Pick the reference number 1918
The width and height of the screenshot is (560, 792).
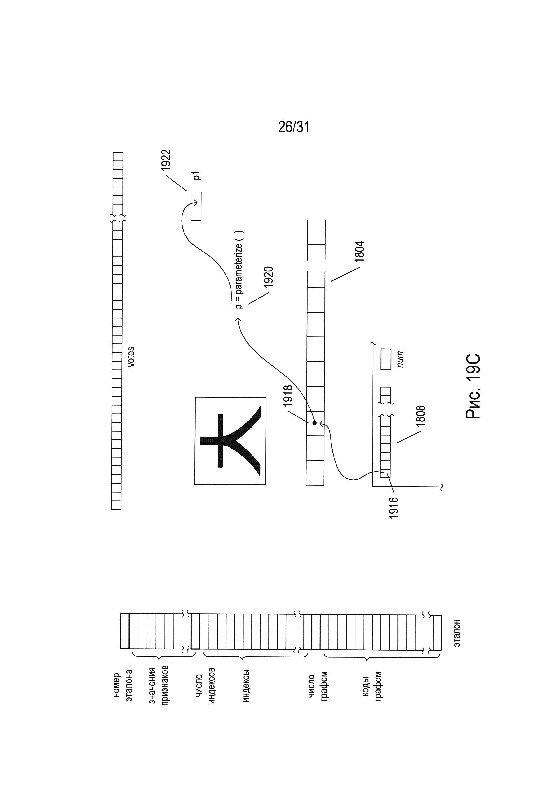point(287,395)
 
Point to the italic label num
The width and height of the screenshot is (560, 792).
point(400,360)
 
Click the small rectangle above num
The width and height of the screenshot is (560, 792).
point(386,360)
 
